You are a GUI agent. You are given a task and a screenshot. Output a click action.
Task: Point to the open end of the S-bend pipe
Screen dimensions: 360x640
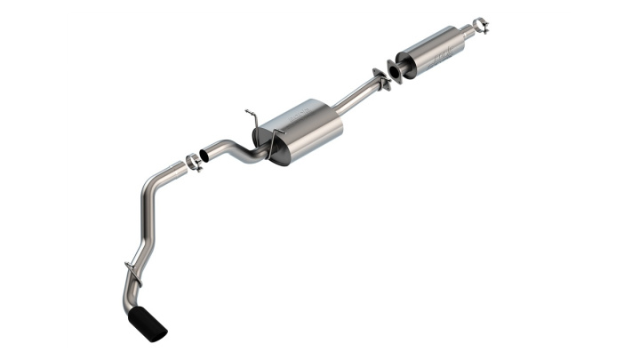203,153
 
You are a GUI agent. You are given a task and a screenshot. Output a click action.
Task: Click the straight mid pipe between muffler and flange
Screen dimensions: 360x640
356,96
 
